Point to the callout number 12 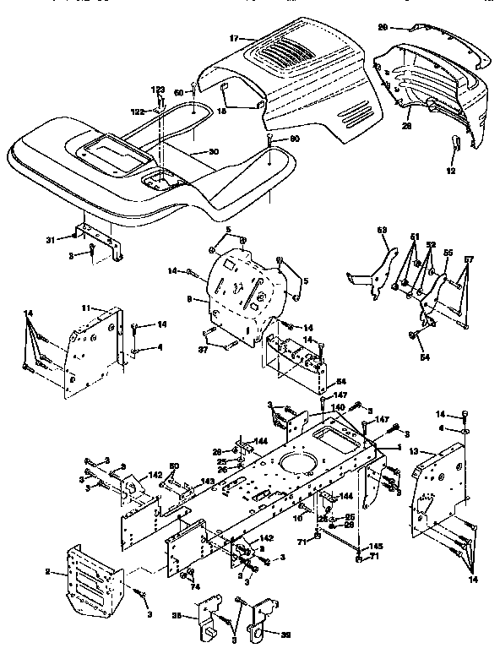(450, 170)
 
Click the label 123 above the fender (159, 90)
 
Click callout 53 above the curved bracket (381, 229)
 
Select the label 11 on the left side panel (85, 308)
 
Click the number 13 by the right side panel (413, 452)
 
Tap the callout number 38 (178, 615)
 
